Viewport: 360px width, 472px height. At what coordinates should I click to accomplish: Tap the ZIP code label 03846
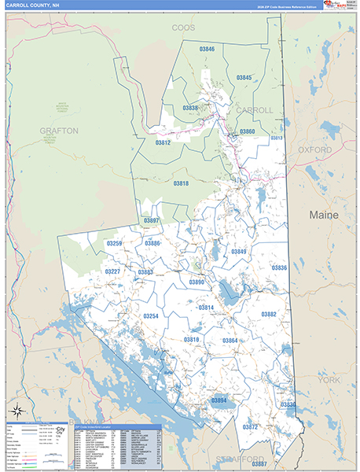point(207,49)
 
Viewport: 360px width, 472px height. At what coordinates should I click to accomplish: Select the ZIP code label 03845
point(244,78)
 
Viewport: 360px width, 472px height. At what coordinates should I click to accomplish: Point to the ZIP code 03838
point(190,107)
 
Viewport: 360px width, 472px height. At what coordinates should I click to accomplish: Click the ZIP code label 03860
point(247,131)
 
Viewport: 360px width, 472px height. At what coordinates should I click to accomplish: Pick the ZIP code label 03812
point(163,143)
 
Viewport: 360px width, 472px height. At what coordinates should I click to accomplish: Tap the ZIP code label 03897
point(151,221)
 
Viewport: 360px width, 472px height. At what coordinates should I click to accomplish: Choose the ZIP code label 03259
point(114,244)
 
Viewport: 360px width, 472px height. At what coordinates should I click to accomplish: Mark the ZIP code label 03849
point(238,252)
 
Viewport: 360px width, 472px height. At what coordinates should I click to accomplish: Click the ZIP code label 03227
point(112,271)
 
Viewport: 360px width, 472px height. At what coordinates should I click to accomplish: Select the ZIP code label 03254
point(151,316)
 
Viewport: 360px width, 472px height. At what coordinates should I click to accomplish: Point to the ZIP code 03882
point(269,314)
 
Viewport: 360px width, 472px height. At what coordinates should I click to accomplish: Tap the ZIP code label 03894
point(219,400)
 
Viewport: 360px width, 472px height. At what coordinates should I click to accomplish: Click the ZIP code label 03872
point(250,427)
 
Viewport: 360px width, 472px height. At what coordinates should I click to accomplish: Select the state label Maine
point(323,214)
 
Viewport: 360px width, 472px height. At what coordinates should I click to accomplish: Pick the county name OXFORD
point(315,149)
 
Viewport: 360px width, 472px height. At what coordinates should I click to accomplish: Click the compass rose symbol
point(17,410)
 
